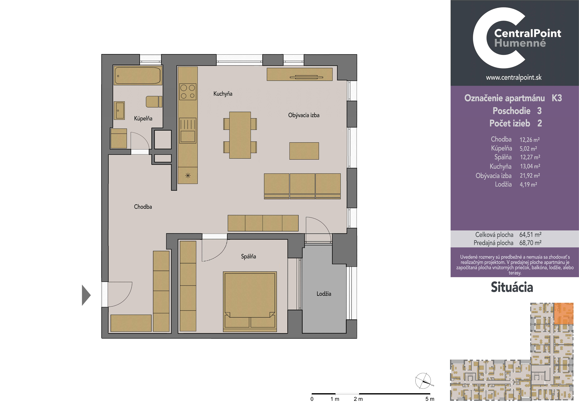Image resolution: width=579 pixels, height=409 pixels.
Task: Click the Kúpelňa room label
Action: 143,118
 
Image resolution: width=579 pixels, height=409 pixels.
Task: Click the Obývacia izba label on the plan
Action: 304,115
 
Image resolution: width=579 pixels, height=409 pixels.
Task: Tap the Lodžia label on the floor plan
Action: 324,294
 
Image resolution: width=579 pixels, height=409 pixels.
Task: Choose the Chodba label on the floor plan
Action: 143,207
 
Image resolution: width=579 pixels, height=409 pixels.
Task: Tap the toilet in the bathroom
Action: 154,102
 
